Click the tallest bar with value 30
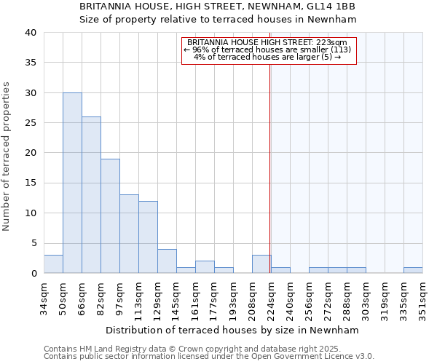(x=72, y=183)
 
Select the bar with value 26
(x=91, y=195)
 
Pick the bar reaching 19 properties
(x=110, y=215)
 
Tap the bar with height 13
(x=129, y=234)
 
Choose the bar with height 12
(x=148, y=237)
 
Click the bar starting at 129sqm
(x=167, y=261)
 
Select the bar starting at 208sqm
(x=261, y=264)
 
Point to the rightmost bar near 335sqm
(x=413, y=270)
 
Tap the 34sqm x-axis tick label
(x=44, y=298)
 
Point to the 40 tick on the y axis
(x=30, y=33)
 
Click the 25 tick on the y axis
(x=30, y=123)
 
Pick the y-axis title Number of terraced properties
(x=7, y=156)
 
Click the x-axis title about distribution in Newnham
(x=232, y=330)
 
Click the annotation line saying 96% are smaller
(x=268, y=50)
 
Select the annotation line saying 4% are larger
(x=268, y=57)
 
